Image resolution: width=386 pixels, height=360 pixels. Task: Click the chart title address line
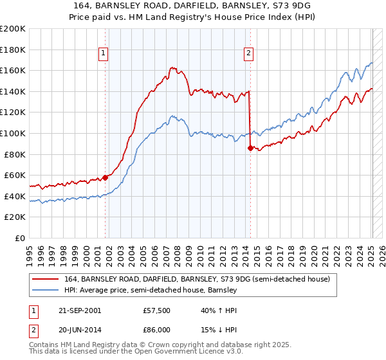point(192,6)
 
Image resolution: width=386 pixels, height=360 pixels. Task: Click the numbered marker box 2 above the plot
point(248,54)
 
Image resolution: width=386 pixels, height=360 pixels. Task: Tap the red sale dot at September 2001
point(106,178)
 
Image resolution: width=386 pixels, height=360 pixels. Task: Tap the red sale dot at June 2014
point(250,148)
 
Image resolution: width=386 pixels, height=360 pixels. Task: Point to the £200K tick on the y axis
point(13,29)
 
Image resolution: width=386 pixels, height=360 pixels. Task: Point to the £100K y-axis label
point(13,133)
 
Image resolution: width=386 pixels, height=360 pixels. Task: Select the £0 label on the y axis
point(19,238)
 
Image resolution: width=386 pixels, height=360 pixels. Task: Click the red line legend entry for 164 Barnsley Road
point(197,279)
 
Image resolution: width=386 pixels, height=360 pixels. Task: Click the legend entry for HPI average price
point(151,291)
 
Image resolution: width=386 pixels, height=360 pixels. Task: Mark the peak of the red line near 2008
point(172,67)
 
